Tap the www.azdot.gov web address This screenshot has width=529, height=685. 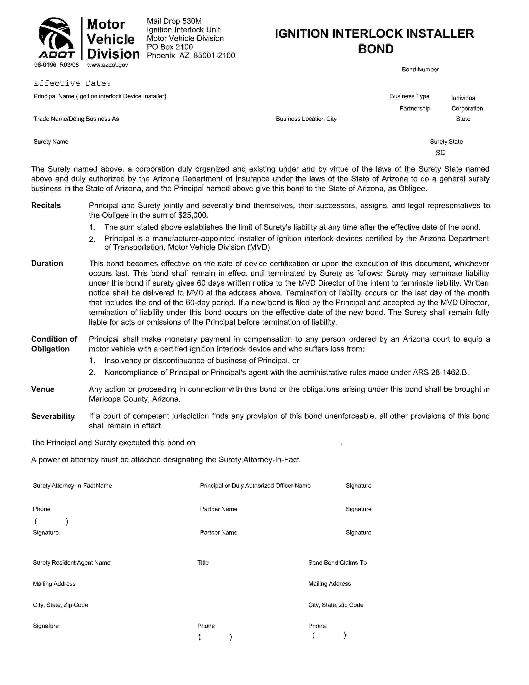coord(107,65)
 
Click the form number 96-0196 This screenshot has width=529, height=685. coord(45,65)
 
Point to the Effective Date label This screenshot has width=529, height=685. coord(72,83)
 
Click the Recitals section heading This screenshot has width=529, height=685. coord(46,205)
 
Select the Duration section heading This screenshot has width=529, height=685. coord(47,263)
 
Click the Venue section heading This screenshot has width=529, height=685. coord(43,389)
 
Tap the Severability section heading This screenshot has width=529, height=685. coord(53,416)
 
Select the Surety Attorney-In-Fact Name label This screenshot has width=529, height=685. coord(72,486)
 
